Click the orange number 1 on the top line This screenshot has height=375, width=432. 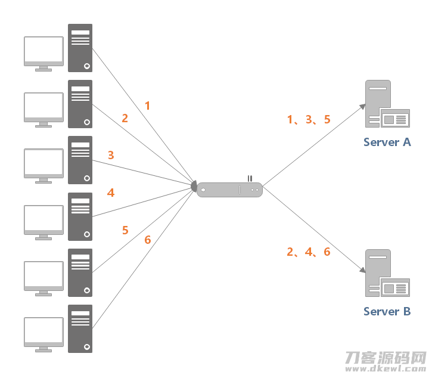click(x=148, y=106)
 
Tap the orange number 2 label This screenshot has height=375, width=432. click(x=125, y=118)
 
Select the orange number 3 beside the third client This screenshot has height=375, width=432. click(x=111, y=155)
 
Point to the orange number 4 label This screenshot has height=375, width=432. click(x=111, y=193)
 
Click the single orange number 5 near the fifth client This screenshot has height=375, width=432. click(x=125, y=230)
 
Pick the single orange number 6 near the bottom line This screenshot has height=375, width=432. click(x=148, y=240)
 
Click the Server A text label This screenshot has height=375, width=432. click(x=387, y=142)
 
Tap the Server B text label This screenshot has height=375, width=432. click(x=387, y=312)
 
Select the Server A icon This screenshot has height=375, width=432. click(x=387, y=104)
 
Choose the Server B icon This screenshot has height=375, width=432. click(x=387, y=273)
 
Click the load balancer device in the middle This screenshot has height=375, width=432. click(x=229, y=190)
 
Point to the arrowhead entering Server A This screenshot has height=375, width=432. click(x=362, y=107)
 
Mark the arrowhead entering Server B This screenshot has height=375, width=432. click(x=362, y=270)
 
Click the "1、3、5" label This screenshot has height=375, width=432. click(x=309, y=120)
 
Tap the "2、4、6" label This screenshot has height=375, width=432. click(x=309, y=252)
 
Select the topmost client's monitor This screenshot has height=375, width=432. click(x=44, y=54)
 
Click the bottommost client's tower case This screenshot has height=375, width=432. click(x=80, y=328)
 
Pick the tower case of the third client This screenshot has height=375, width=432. click(x=80, y=160)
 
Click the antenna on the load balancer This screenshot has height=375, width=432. click(x=250, y=179)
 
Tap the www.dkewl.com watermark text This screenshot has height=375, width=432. click(x=386, y=368)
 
